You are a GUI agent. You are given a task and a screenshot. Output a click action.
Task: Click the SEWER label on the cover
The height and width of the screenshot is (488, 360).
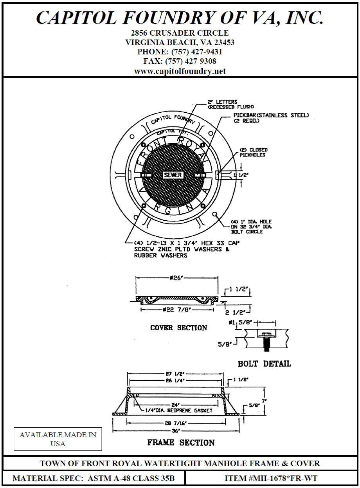coord(173,175)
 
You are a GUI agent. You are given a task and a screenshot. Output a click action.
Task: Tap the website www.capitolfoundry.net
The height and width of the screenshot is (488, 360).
coord(180,71)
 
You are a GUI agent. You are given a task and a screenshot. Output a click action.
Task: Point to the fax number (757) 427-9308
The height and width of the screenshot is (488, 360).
coord(191,61)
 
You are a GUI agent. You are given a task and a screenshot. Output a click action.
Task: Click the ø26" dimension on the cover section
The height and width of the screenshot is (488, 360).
coord(177,278)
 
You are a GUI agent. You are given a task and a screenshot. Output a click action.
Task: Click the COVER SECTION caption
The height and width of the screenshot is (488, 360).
coord(178,328)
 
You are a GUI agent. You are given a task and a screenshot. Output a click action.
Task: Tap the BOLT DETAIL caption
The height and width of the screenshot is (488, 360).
coord(265,364)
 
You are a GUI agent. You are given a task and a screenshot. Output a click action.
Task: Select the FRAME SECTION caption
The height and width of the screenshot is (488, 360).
coord(181,443)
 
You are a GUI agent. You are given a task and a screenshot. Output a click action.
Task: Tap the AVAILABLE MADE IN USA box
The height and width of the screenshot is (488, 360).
coord(58,439)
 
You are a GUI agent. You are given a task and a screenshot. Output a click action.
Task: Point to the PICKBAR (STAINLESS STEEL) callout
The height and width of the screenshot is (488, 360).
coord(271,115)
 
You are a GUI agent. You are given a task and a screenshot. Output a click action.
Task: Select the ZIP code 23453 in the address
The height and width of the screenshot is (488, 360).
coord(222,42)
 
